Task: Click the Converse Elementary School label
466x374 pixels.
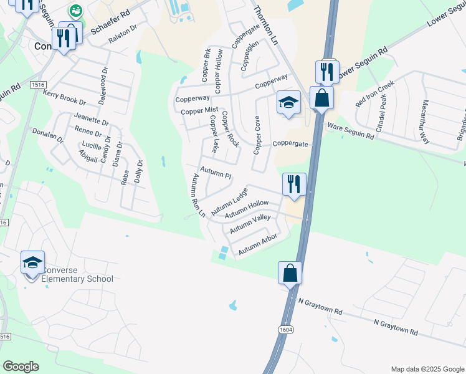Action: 77,274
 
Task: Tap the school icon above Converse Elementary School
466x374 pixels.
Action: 32,263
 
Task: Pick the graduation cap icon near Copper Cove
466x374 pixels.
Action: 289,103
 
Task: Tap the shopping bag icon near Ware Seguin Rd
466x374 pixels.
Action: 321,98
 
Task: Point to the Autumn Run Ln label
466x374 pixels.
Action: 198,195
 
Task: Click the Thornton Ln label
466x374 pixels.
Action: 265,26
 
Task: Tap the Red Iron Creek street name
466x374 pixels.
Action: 375,93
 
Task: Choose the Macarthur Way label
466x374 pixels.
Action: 426,122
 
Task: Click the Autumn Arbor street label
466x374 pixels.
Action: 257,247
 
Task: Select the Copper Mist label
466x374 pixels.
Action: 199,111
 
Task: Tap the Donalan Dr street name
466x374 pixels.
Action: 48,137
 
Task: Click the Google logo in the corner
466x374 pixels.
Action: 21,367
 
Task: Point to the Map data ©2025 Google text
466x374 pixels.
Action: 427,369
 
